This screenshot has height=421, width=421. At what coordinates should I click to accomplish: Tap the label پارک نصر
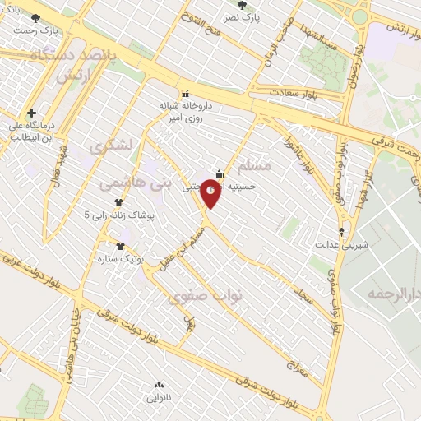point(243,16)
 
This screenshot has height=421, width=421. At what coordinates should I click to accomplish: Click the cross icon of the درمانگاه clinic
point(31,113)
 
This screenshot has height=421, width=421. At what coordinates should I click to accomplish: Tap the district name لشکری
point(113,147)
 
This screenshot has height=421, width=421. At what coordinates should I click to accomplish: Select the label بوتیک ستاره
point(120,257)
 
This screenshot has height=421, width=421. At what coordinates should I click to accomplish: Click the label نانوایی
point(159,397)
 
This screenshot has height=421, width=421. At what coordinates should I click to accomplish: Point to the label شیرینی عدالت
point(342,244)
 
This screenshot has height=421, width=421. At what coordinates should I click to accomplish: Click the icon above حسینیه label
point(219,173)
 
